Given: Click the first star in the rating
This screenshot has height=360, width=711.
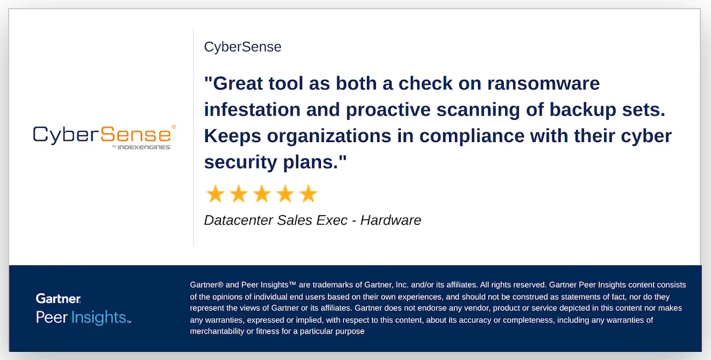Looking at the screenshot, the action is click(x=215, y=194).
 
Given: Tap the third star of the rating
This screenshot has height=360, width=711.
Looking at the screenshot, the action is click(x=262, y=194).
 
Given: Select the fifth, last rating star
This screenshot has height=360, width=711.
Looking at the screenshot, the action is click(x=308, y=194).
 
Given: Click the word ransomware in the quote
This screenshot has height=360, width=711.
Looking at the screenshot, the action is click(x=543, y=83).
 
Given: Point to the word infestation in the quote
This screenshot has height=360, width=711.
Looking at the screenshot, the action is click(x=251, y=110).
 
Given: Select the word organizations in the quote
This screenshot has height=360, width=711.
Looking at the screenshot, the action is click(x=328, y=137).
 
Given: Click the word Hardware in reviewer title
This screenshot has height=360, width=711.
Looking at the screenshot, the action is click(x=391, y=221).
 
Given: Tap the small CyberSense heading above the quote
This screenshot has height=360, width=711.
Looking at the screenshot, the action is click(x=242, y=47).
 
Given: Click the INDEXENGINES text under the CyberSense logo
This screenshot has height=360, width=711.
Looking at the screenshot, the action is click(x=144, y=148).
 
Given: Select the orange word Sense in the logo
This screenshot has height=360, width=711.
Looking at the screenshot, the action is click(x=135, y=135).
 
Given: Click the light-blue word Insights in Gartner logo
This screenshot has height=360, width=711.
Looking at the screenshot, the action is click(x=98, y=317).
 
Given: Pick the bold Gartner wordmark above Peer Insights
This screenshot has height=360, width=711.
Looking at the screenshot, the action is click(x=58, y=298).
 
